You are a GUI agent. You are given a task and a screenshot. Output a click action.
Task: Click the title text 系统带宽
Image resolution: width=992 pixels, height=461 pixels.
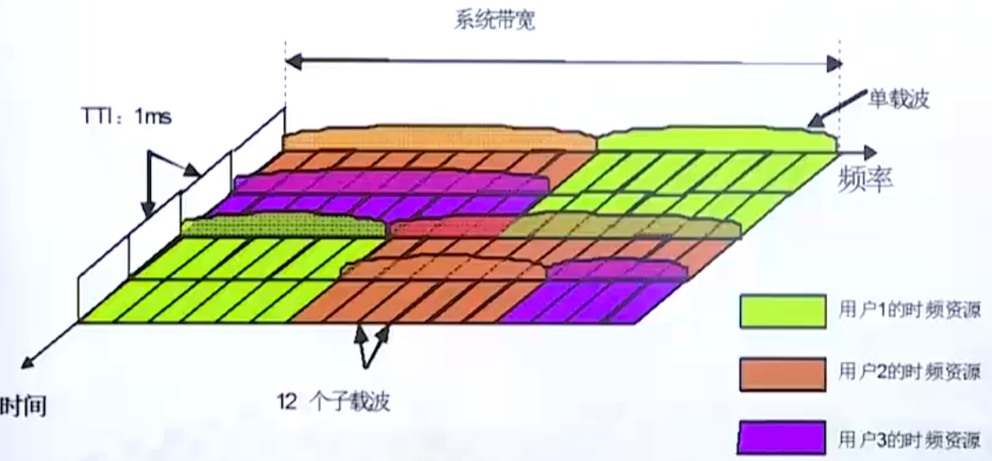(494, 21)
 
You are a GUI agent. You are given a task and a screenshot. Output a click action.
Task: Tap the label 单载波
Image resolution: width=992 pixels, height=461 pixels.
(898, 99)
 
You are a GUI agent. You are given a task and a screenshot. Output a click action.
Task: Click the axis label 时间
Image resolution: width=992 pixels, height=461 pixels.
(24, 406)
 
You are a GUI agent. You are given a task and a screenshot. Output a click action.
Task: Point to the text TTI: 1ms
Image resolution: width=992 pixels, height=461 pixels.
(126, 116)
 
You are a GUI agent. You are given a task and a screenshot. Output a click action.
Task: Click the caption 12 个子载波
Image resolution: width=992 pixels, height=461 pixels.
(333, 402)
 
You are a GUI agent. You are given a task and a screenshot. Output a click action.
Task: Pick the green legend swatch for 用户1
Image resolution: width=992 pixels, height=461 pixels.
(782, 311)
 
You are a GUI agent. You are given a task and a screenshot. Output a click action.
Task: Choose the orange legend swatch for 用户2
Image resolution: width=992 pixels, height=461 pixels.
(782, 374)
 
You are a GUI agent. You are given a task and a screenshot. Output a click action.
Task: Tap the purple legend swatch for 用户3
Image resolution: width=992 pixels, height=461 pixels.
(782, 437)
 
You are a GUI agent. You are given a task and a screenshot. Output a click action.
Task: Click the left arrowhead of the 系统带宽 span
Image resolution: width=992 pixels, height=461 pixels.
(293, 61)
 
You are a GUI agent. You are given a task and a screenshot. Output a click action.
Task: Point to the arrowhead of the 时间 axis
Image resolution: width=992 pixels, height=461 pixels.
(28, 362)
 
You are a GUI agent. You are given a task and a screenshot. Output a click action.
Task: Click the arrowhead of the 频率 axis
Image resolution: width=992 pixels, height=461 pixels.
(869, 153)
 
